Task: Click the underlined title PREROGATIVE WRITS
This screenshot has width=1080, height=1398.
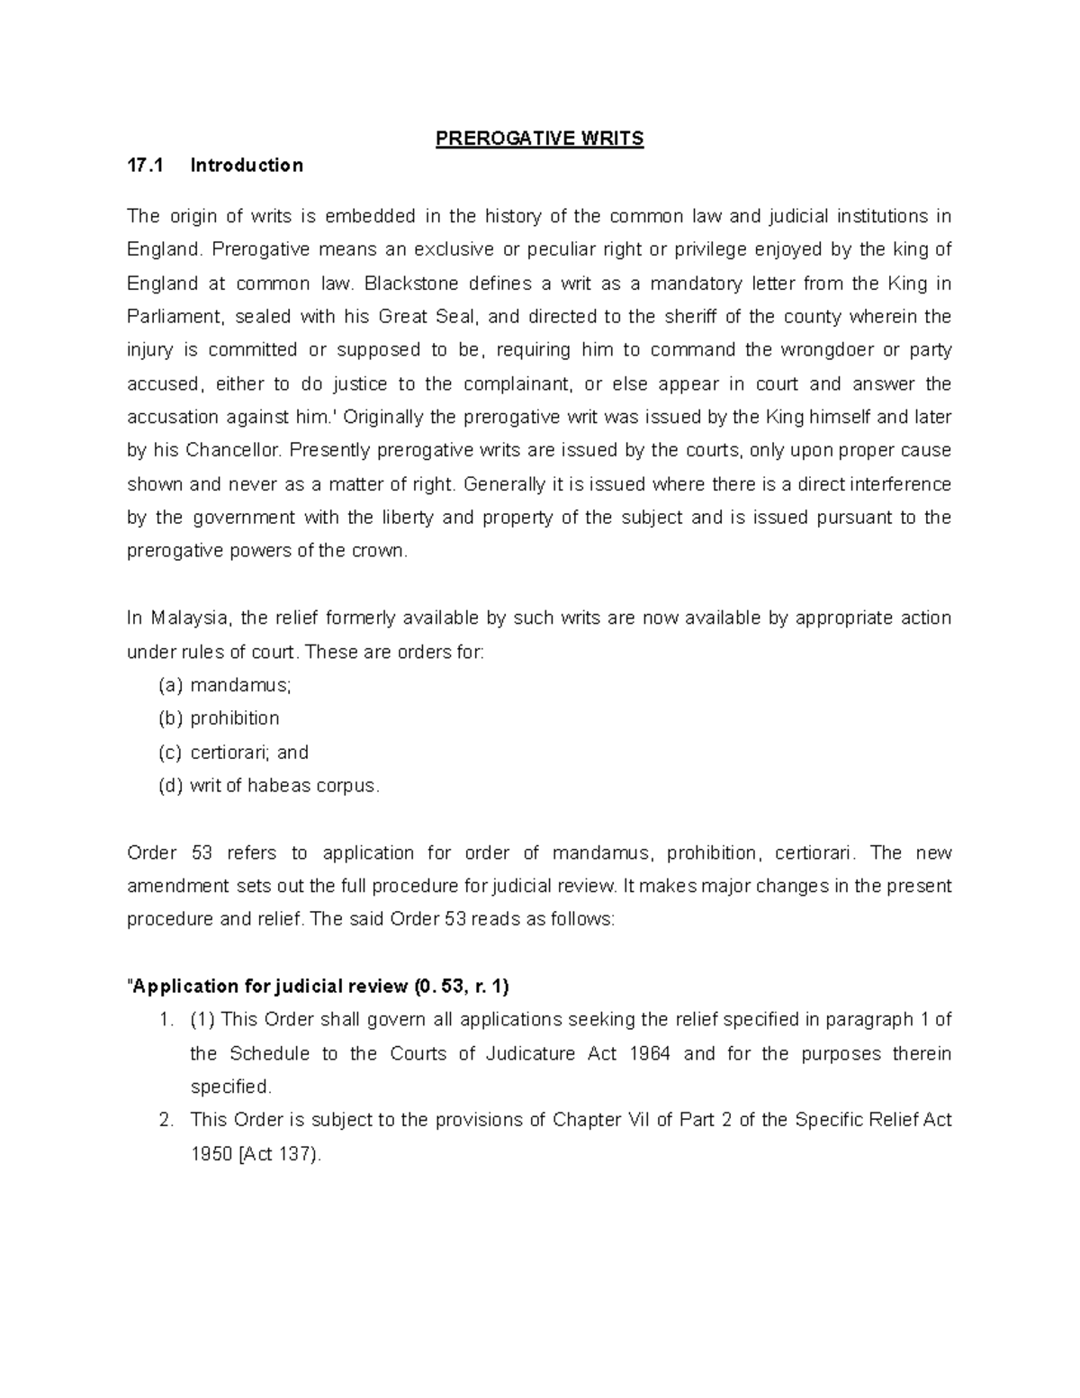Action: (x=540, y=139)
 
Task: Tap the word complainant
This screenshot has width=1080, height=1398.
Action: (x=517, y=384)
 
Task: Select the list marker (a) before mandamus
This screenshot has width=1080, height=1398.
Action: (x=170, y=686)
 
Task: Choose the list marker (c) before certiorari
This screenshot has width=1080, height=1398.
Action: (x=170, y=753)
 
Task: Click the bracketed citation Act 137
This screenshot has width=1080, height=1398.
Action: (x=275, y=1155)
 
